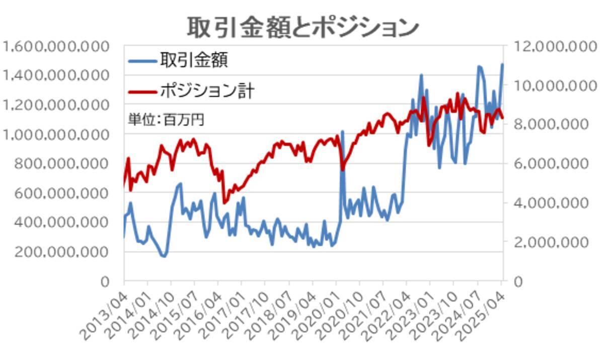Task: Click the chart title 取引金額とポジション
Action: tap(302, 26)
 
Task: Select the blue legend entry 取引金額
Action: tap(194, 60)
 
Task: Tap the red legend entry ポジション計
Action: tap(207, 91)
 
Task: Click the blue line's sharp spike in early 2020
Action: tap(342, 132)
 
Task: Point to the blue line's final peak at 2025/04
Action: tap(502, 64)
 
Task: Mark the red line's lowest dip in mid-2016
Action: tap(224, 202)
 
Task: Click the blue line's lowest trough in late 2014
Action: tap(164, 256)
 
